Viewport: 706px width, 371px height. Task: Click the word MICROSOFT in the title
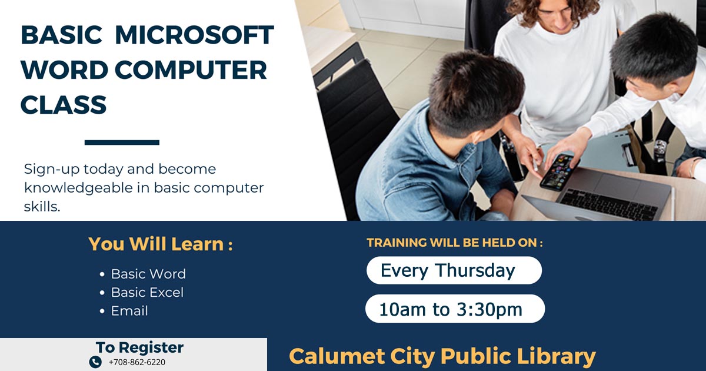pyautogui.click(x=195, y=35)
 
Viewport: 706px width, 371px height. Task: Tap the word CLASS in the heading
pyautogui.click(x=64, y=104)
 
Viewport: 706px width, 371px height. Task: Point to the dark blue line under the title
pyautogui.click(x=122, y=143)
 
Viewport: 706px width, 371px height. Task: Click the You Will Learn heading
pyautogui.click(x=161, y=244)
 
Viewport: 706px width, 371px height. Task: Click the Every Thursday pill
pyautogui.click(x=454, y=270)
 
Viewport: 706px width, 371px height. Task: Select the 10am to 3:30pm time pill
pyautogui.click(x=455, y=309)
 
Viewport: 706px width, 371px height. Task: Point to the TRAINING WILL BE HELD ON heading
pyautogui.click(x=455, y=243)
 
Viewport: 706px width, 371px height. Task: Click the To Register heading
pyautogui.click(x=139, y=347)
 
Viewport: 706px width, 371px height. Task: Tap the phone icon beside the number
pyautogui.click(x=95, y=362)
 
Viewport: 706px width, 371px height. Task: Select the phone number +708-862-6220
pyautogui.click(x=136, y=362)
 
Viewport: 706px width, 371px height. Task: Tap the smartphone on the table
pyautogui.click(x=559, y=172)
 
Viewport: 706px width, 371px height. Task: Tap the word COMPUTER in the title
pyautogui.click(x=191, y=69)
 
